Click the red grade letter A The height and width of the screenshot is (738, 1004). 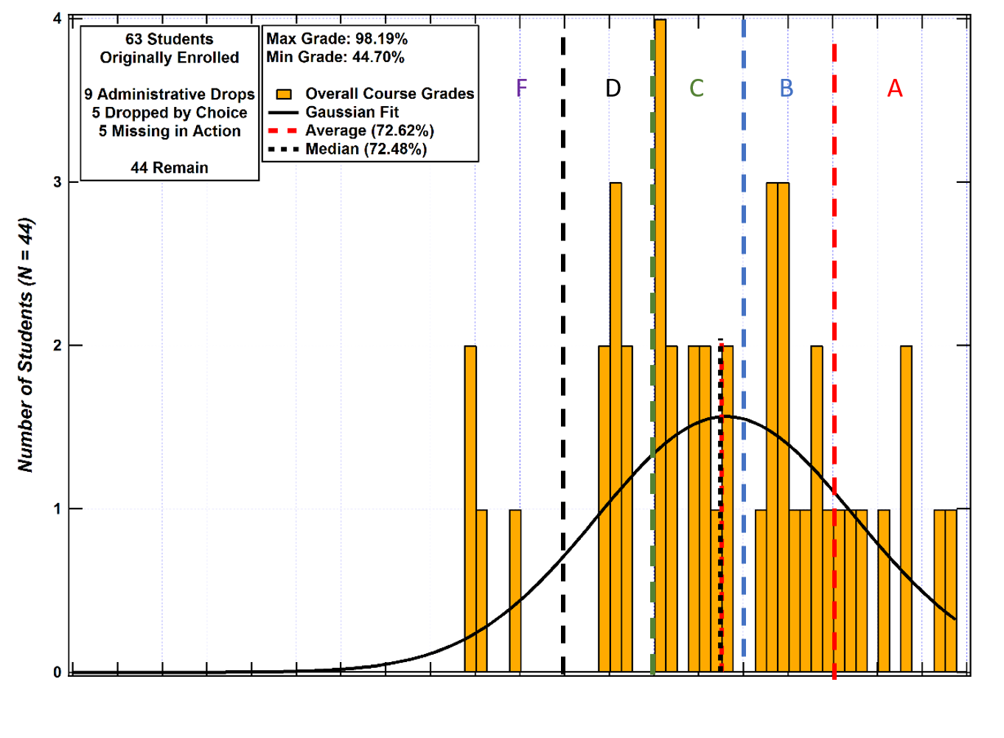point(895,88)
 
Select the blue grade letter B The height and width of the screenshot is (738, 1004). point(787,88)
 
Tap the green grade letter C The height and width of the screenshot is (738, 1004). point(697,88)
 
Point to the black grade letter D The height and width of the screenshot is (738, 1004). point(613,88)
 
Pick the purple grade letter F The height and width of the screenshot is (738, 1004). point(522,88)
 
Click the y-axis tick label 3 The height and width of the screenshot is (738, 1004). point(57,182)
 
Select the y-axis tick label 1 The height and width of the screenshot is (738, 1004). point(57,509)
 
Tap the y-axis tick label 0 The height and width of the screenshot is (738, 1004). point(57,672)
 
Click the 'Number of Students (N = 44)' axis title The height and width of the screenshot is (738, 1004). point(27,345)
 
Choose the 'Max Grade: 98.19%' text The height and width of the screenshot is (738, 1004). point(337,39)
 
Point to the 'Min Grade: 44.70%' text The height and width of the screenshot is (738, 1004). point(335,58)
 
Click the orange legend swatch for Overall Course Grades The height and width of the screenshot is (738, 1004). point(284,94)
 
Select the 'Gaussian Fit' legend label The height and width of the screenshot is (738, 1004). point(352,112)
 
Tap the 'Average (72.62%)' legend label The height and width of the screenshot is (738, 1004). point(370,130)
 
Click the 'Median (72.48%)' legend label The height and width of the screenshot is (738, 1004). point(366,149)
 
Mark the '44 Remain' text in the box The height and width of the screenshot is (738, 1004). point(170,168)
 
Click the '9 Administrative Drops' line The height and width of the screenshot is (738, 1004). point(170,94)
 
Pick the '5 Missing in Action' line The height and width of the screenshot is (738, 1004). point(170,131)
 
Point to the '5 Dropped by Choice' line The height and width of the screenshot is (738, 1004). point(170,113)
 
